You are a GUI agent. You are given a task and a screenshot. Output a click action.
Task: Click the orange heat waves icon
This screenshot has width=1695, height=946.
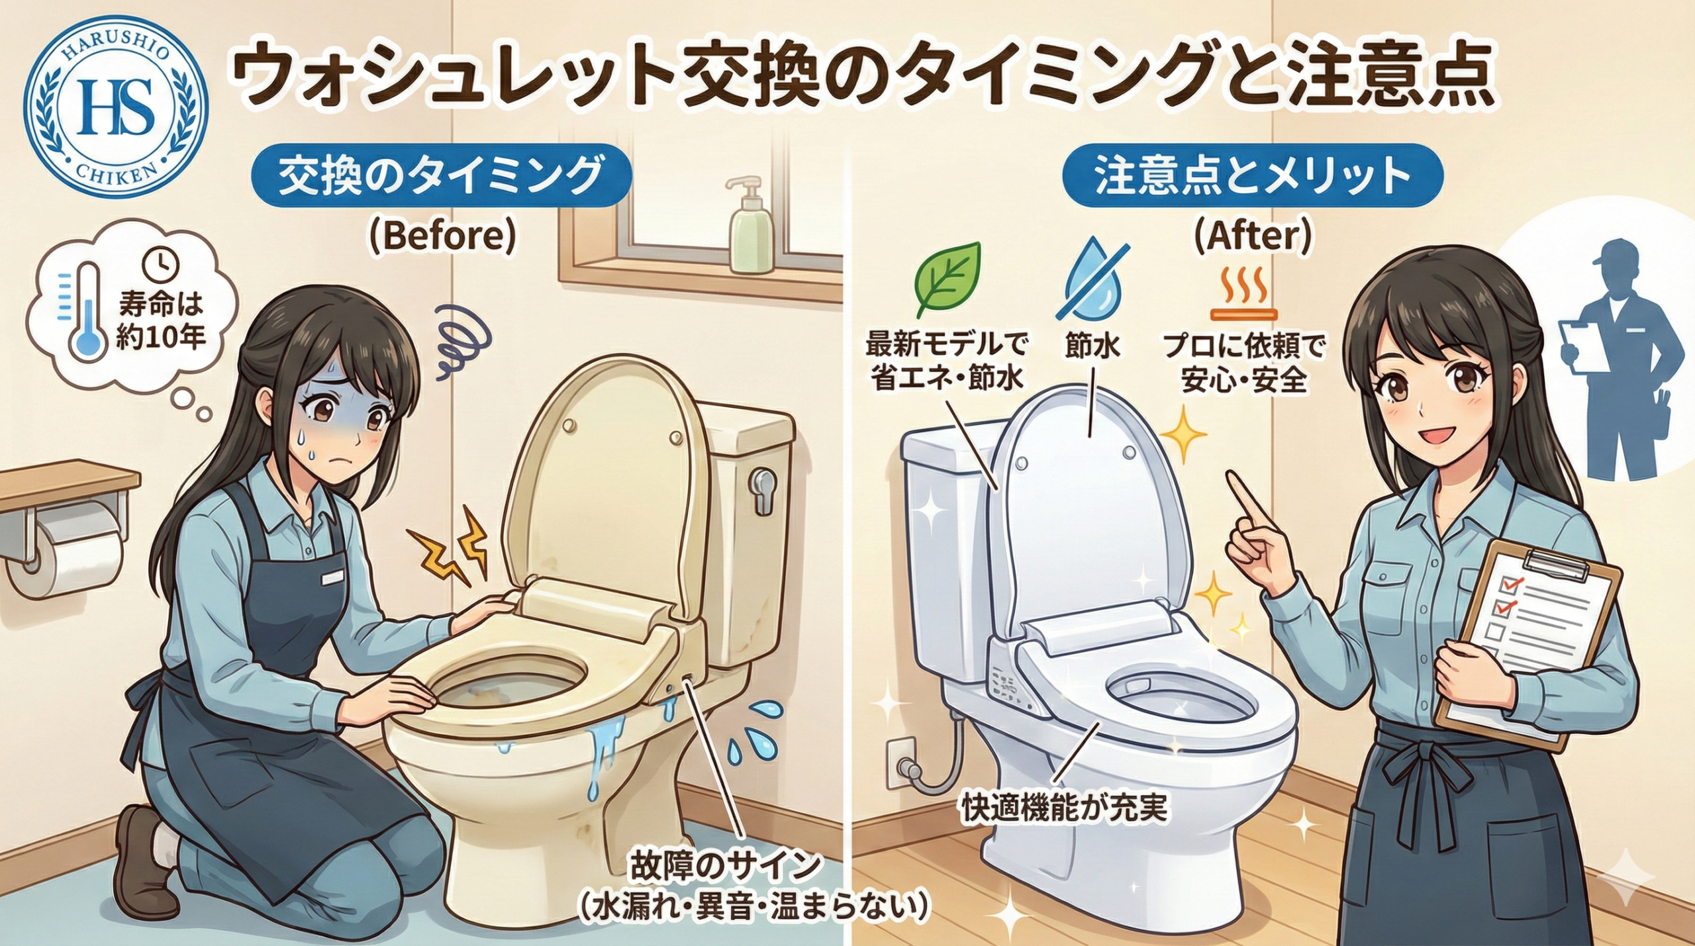(1243, 294)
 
